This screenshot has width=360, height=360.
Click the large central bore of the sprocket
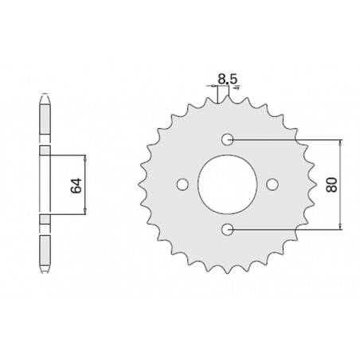point(228,184)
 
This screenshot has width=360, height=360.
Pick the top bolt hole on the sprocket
point(228,139)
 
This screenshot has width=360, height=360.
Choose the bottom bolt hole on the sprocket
point(228,229)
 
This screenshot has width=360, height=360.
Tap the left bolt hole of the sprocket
point(182,184)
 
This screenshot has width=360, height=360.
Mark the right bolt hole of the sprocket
point(273,184)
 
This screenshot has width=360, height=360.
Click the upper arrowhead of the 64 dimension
point(85,153)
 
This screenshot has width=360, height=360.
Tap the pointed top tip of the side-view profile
point(45,98)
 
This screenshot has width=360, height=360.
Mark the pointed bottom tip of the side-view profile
point(45,272)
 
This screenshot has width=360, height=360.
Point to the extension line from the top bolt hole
point(287,139)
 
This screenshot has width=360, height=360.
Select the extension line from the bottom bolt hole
point(287,229)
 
